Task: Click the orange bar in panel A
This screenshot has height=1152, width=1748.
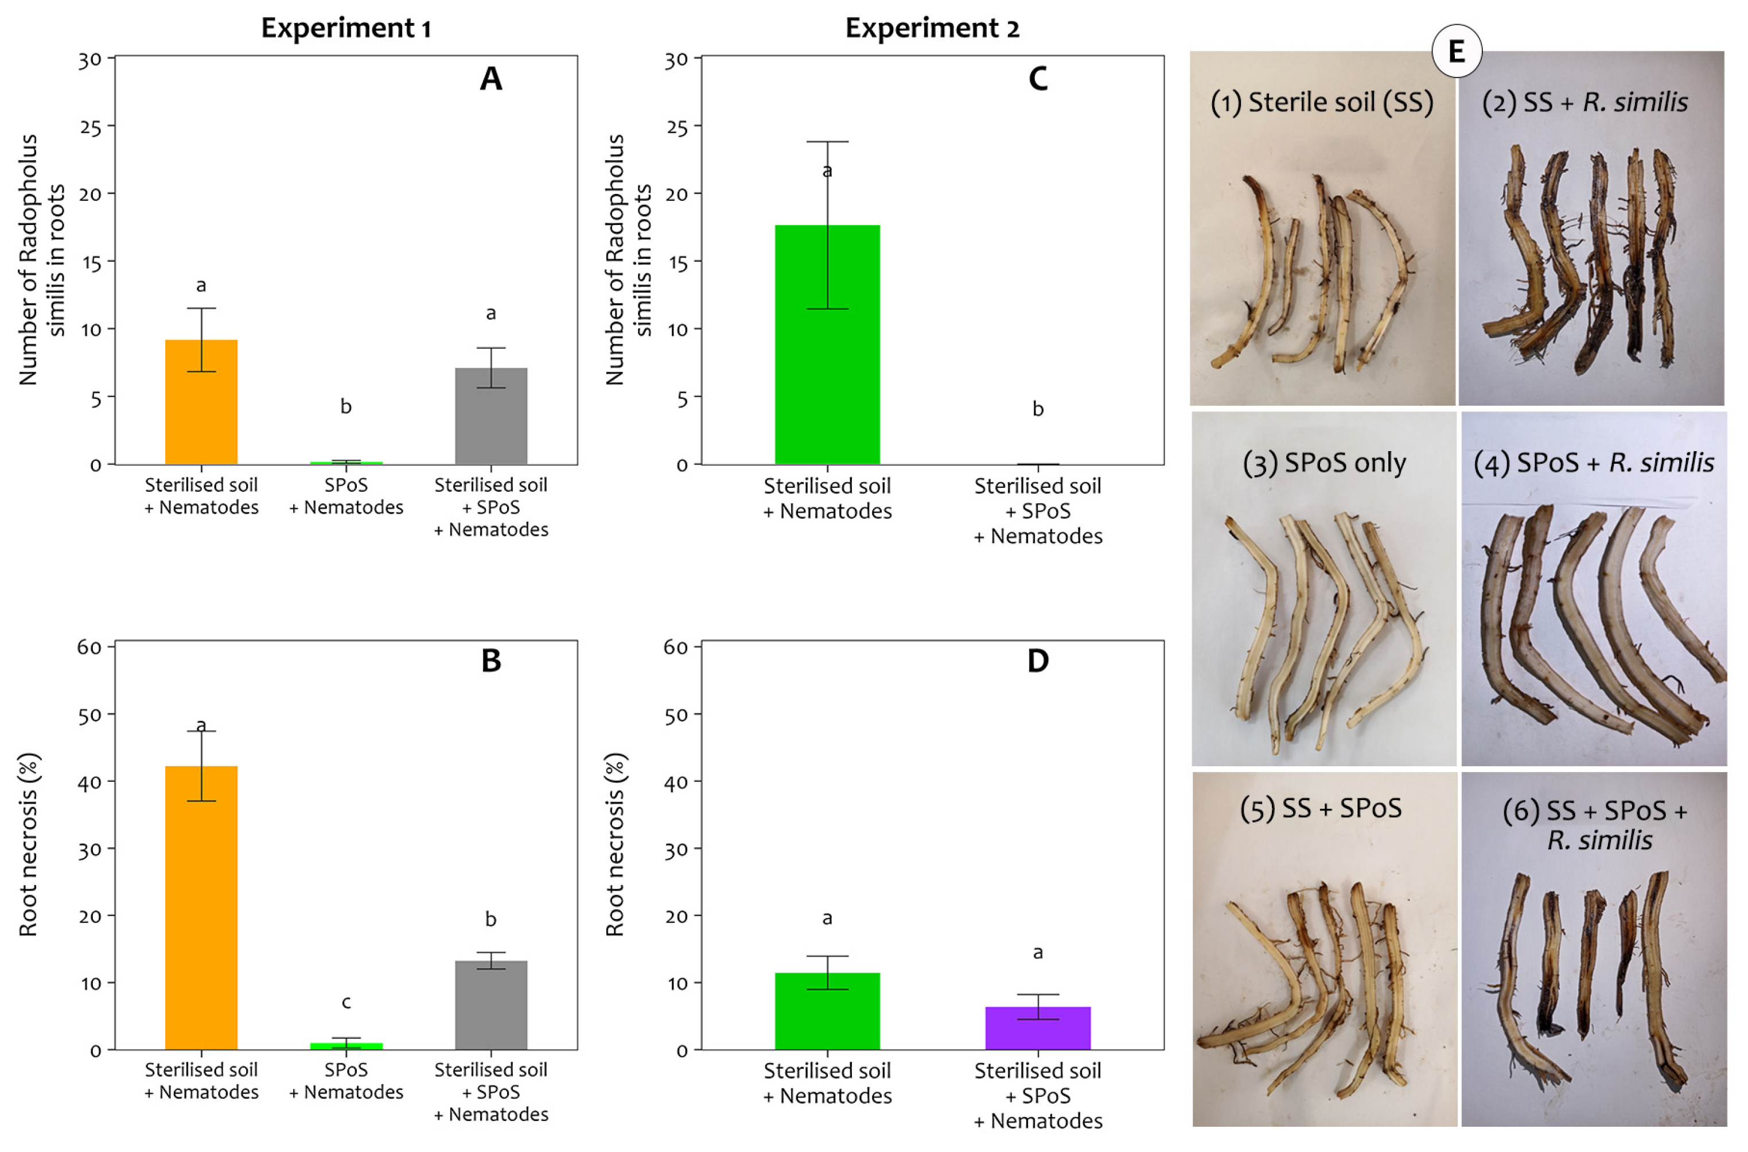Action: pos(201,402)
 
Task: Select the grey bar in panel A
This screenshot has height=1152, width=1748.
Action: pos(490,417)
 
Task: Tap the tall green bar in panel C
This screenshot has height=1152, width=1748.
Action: pos(827,346)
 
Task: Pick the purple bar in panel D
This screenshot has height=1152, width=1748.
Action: pos(1037,1029)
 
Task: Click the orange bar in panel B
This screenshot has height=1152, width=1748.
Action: pos(201,908)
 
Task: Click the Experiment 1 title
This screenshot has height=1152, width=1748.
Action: pos(346,28)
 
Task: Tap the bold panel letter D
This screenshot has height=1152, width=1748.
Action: pos(1037,661)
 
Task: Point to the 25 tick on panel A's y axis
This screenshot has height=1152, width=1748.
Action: pos(91,127)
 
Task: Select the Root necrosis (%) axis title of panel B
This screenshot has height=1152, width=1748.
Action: pos(28,845)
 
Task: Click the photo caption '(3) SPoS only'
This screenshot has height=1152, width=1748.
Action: pos(1323,463)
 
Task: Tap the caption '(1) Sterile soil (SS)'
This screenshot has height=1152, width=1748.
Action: pos(1321,102)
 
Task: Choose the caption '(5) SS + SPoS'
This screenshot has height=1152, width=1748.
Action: pos(1321,808)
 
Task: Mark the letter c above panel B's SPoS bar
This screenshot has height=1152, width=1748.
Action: pos(346,1002)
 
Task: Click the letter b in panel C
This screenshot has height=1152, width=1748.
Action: pos(1037,409)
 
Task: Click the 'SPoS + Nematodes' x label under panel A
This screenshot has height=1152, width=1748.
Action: pos(346,496)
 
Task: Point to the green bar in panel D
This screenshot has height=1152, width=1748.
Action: pos(827,1012)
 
